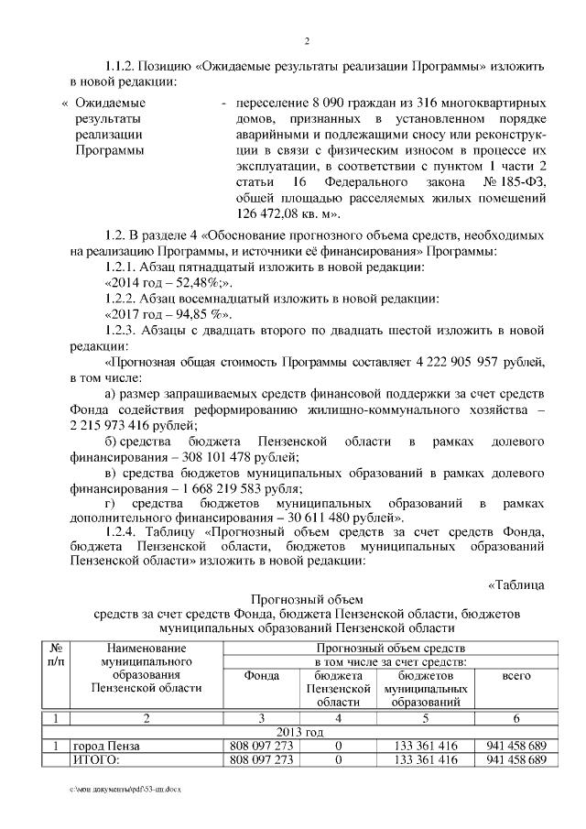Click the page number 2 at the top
[308, 40]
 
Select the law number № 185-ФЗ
[515, 181]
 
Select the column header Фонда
[261, 675]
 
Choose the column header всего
[516, 675]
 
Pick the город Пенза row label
[108, 747]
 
